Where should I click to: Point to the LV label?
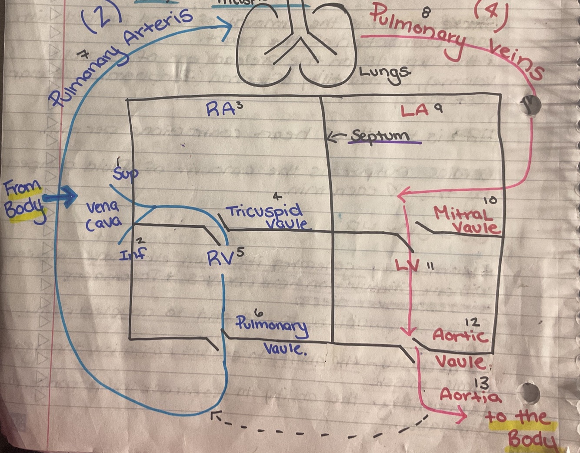click(407, 265)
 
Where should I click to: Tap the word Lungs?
click(384, 74)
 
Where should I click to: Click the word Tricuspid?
click(264, 212)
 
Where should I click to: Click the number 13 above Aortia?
click(482, 383)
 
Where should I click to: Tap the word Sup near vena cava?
click(125, 173)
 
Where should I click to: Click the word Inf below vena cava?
click(132, 253)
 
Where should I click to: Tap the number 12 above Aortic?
click(472, 322)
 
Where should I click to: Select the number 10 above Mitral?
click(490, 200)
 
